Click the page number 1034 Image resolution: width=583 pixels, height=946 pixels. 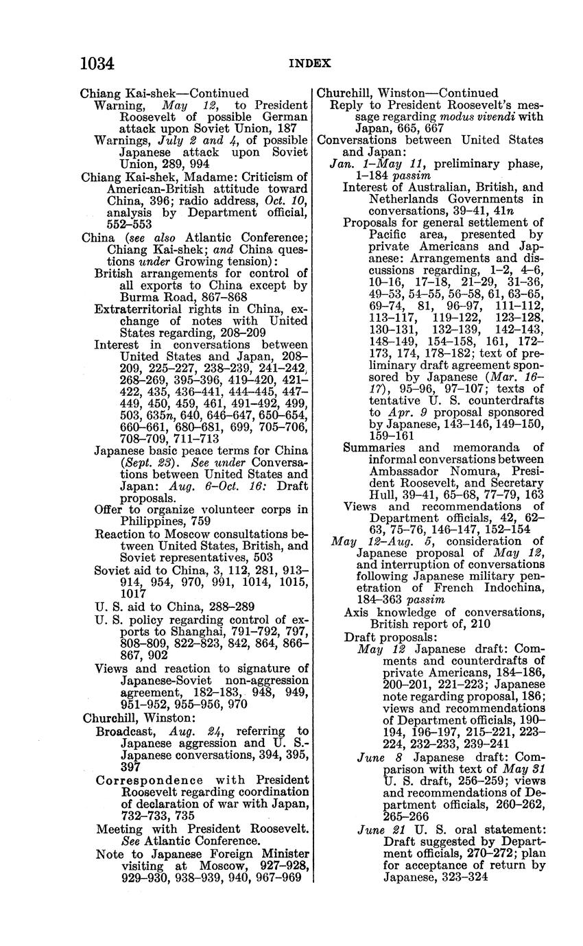point(97,64)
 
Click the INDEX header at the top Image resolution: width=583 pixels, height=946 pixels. point(309,64)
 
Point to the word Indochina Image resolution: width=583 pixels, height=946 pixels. point(499,588)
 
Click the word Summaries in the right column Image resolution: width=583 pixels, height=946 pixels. point(378,447)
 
